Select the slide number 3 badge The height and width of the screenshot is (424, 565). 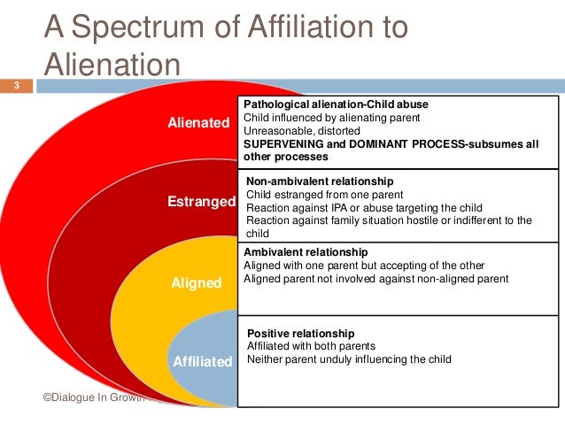pyautogui.click(x=15, y=86)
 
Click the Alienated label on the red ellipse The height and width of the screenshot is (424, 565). pyautogui.click(x=198, y=123)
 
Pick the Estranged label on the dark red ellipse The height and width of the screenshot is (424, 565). pyautogui.click(x=200, y=202)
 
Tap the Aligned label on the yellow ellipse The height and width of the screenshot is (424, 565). pyautogui.click(x=197, y=283)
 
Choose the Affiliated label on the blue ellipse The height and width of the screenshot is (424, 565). pyautogui.click(x=201, y=361)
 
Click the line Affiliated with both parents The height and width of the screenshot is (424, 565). pyautogui.click(x=312, y=346)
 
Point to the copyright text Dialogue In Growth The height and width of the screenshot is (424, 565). pyautogui.click(x=97, y=400)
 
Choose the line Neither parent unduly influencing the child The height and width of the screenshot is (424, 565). pyautogui.click(x=349, y=359)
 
